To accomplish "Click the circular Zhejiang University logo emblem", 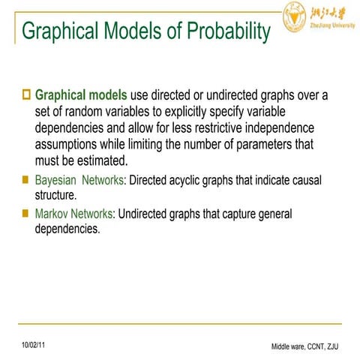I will (x=295, y=15).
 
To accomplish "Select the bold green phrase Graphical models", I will (x=82, y=96).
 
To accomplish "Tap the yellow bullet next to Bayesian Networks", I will (x=26, y=181).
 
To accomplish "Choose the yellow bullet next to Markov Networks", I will (x=26, y=214).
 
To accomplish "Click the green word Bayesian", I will (x=55, y=181).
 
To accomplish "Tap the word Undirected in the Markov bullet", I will (x=147, y=214).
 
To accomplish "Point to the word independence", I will (x=277, y=127).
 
